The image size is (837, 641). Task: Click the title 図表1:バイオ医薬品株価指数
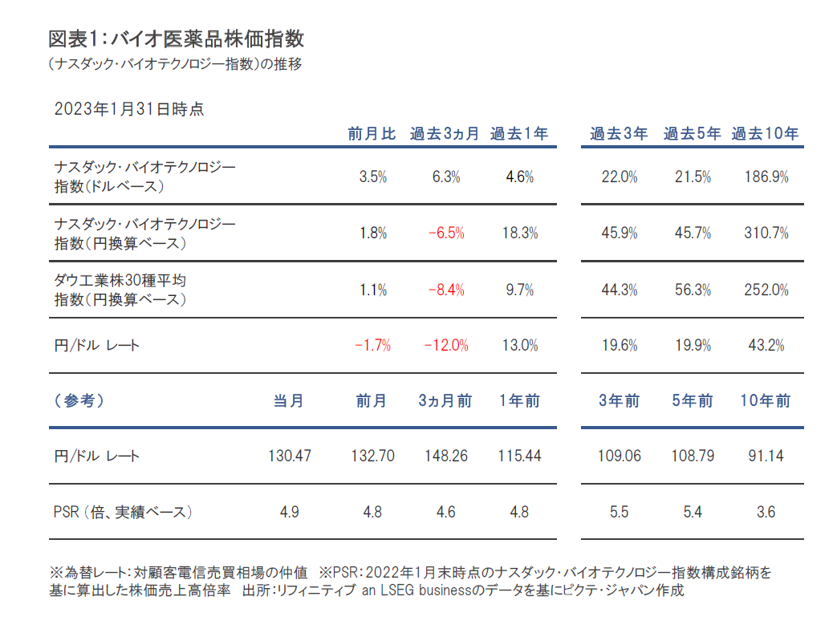point(176,39)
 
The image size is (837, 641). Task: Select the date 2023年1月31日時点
point(129,109)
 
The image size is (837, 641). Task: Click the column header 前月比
point(372,134)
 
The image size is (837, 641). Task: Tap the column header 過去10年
point(765,134)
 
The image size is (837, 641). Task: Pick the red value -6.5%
point(445,233)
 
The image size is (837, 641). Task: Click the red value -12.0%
point(445,346)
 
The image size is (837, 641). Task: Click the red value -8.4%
point(445,290)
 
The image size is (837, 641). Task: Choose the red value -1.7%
point(372,346)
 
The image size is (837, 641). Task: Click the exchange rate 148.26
point(445,456)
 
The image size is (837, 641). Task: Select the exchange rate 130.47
point(289,456)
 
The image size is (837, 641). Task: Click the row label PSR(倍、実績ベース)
point(124,511)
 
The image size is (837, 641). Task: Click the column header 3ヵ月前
point(445,400)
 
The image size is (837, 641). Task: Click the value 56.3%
point(693,290)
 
